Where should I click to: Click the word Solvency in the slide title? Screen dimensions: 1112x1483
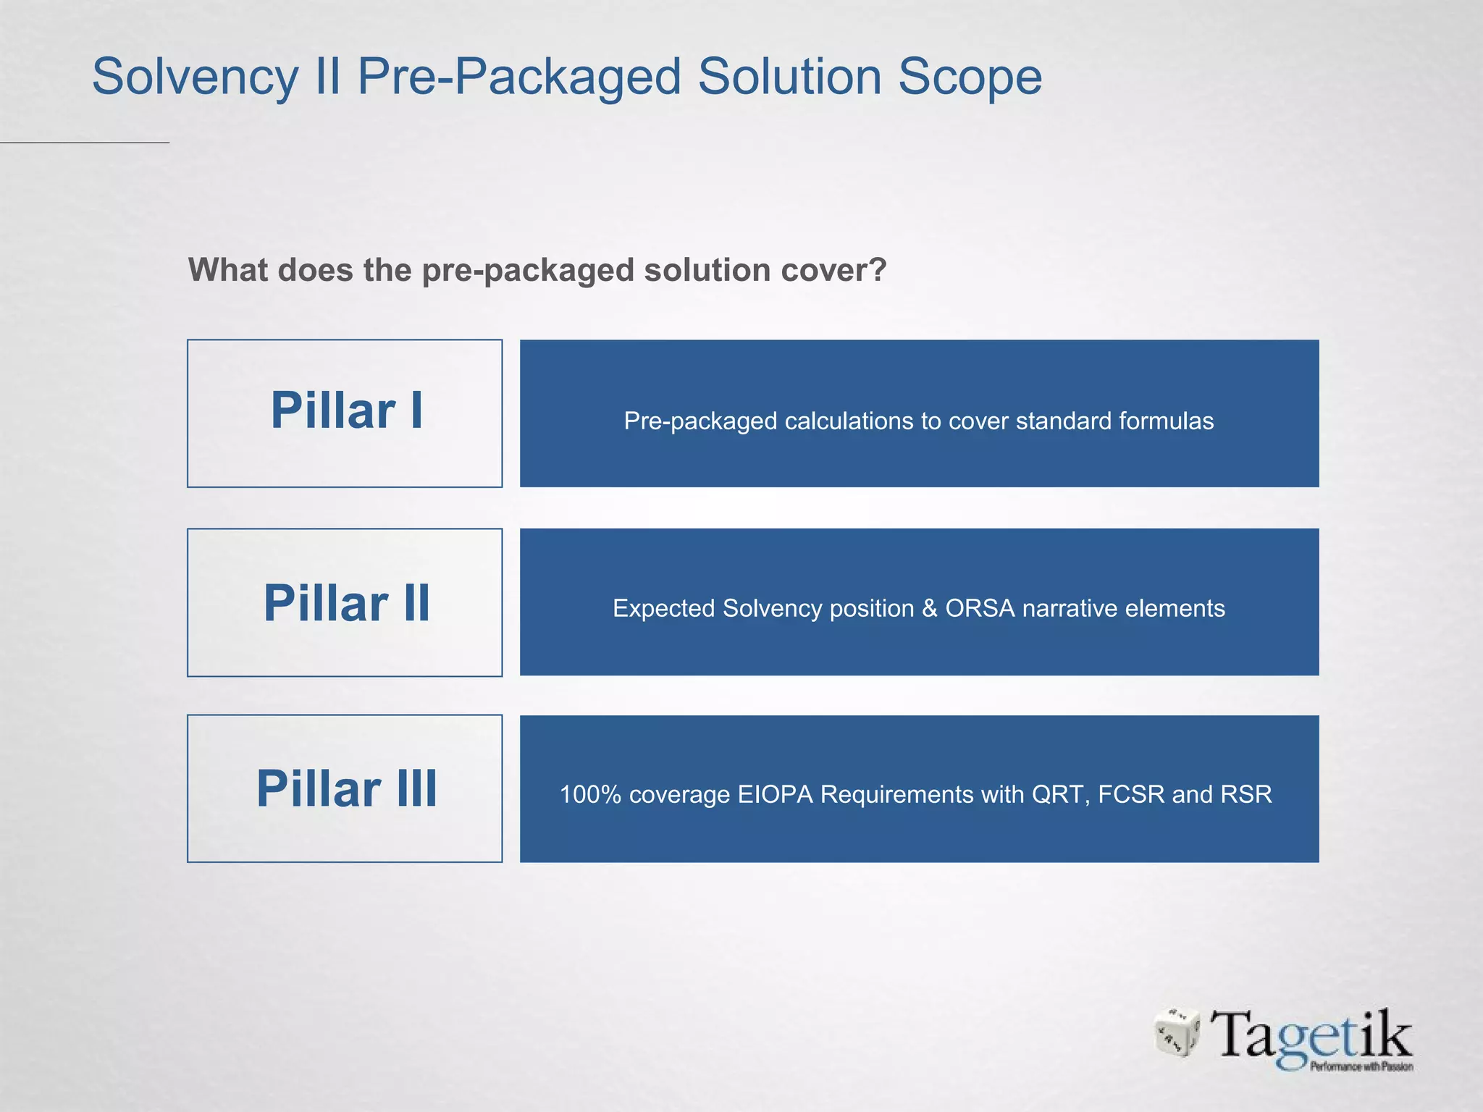pyautogui.click(x=195, y=77)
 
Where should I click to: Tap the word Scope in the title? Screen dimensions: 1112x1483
pyautogui.click(x=970, y=77)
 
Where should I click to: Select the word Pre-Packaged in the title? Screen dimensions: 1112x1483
pyautogui.click(x=519, y=77)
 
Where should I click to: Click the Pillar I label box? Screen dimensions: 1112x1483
pyautogui.click(x=345, y=413)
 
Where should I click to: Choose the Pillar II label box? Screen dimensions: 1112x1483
pyautogui.click(x=345, y=602)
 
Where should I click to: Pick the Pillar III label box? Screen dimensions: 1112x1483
pyautogui.click(x=345, y=788)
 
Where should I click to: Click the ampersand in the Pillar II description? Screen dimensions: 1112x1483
pyautogui.click(x=930, y=608)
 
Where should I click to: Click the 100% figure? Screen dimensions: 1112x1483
pyautogui.click(x=590, y=794)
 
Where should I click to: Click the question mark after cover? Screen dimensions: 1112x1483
pyautogui.click(x=878, y=270)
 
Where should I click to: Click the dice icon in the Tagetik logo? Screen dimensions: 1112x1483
pyautogui.click(x=1177, y=1032)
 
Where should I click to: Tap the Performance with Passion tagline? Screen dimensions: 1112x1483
pyautogui.click(x=1361, y=1066)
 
